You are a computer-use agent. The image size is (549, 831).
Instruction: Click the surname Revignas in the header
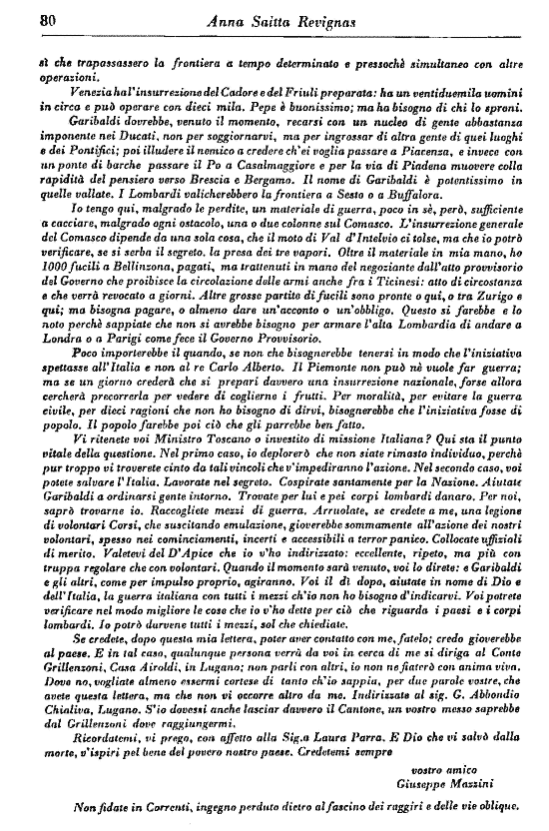point(327,17)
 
